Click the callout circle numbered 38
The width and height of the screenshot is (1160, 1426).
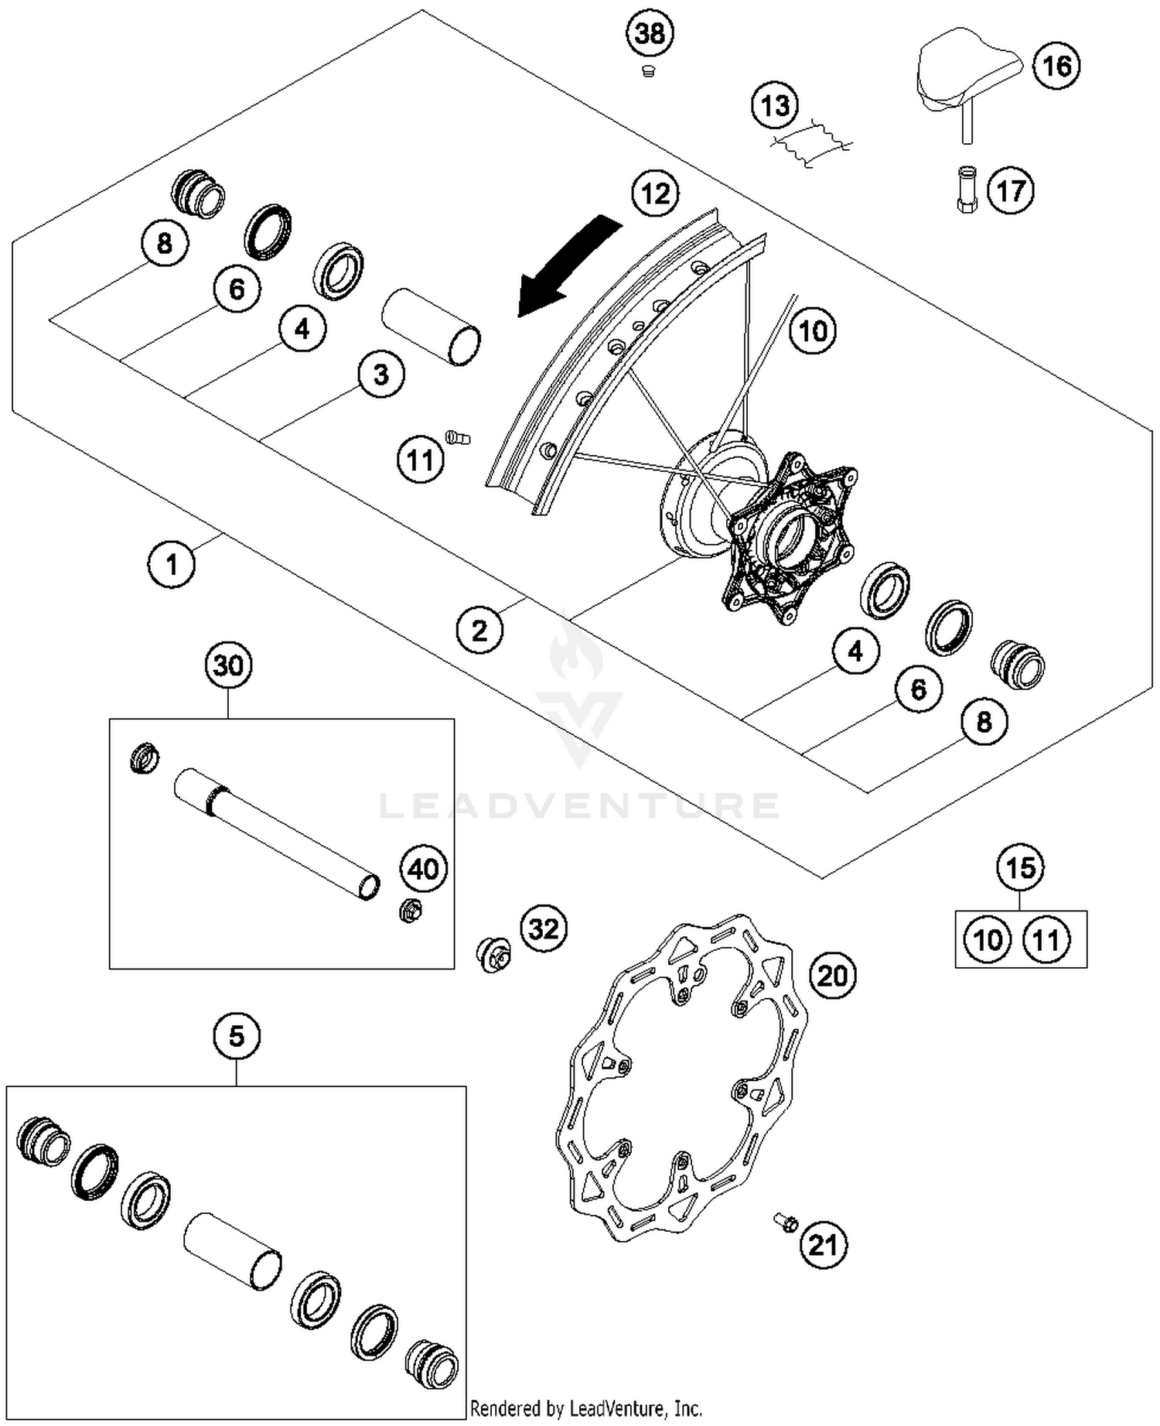point(650,34)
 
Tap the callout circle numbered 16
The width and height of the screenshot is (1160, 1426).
point(1056,66)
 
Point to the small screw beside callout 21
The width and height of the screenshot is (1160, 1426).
point(786,1223)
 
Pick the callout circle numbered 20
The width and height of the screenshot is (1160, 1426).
point(833,976)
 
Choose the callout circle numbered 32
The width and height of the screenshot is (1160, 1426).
point(543,928)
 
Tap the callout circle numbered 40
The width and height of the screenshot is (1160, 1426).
point(424,869)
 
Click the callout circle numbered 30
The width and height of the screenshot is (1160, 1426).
point(228,665)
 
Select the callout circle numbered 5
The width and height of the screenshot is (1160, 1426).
point(236,1035)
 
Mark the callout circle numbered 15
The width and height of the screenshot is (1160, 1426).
point(1020,867)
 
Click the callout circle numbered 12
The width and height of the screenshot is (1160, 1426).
point(656,193)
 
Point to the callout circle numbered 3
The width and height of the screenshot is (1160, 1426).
point(380,374)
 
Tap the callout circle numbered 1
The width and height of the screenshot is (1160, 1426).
point(172,564)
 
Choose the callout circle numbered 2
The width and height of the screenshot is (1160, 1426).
point(479,631)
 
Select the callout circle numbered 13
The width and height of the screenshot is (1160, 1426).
point(776,105)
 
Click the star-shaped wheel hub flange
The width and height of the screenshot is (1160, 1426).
point(793,538)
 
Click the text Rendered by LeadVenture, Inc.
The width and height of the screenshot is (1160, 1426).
point(585,1407)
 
